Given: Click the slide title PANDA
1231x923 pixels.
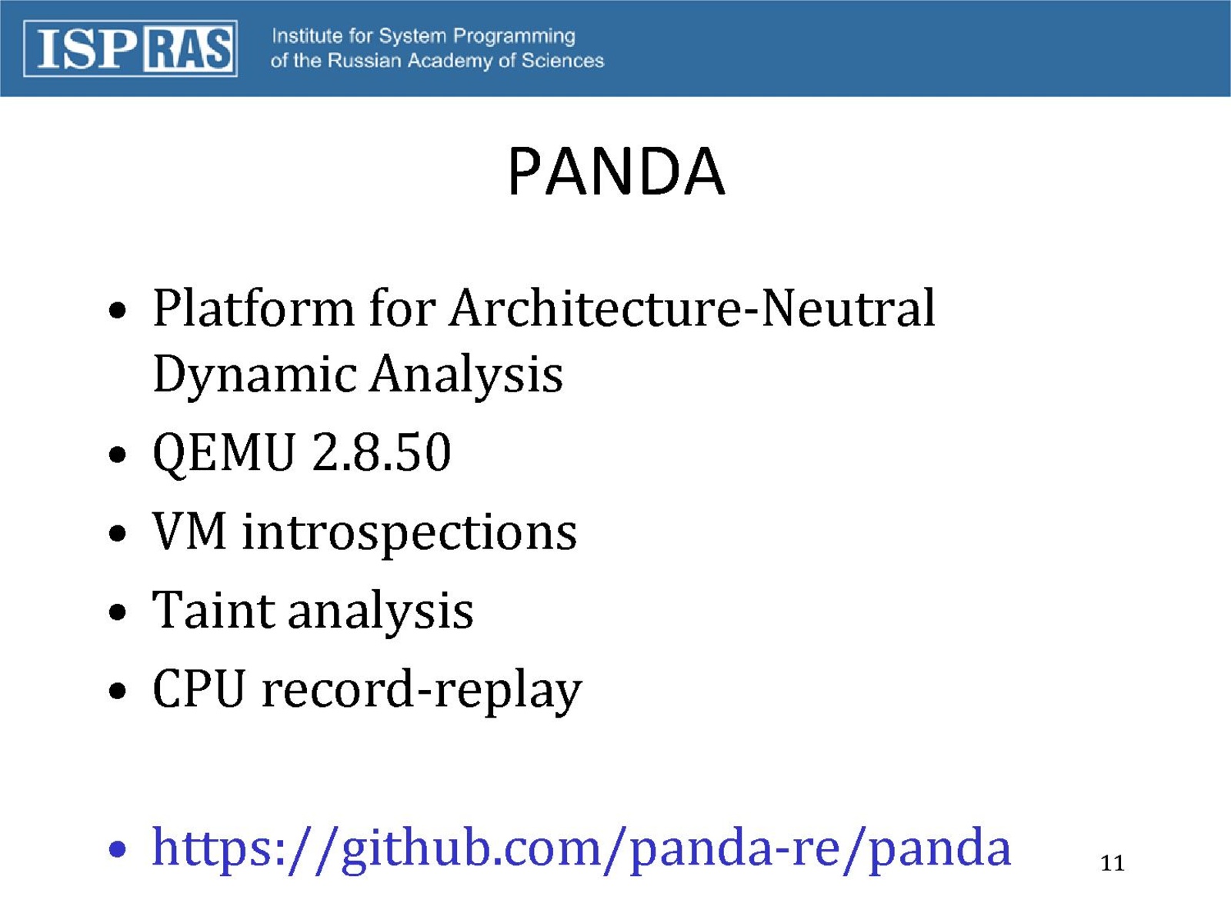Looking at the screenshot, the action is [x=615, y=172].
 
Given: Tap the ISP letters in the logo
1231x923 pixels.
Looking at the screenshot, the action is [x=87, y=49].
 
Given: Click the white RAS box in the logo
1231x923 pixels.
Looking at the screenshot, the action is [x=188, y=49].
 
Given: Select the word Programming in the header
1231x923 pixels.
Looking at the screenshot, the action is [x=514, y=37].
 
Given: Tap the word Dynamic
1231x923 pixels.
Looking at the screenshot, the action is [x=255, y=375].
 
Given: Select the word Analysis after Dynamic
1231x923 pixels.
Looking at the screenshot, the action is [x=466, y=375].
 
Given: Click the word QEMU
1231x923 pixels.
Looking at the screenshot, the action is [x=224, y=453].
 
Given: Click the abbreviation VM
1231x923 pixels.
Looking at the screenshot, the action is [x=189, y=531].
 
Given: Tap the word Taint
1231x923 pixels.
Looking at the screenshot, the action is [x=214, y=610].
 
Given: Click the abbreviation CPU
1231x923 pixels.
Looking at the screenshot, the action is [x=199, y=688].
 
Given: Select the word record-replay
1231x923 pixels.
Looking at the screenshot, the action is [x=422, y=691].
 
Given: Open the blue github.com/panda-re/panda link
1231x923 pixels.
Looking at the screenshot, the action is [x=582, y=849].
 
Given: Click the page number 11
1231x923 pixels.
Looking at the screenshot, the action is [x=1112, y=864].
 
